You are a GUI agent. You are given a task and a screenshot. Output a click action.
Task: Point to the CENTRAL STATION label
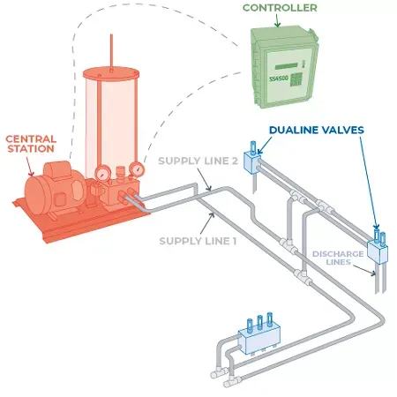[33, 145]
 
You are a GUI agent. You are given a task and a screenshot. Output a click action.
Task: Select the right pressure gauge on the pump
[136, 169]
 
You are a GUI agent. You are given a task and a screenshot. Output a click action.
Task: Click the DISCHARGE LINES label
[339, 259]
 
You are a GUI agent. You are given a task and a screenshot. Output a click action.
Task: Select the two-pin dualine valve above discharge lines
[378, 251]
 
